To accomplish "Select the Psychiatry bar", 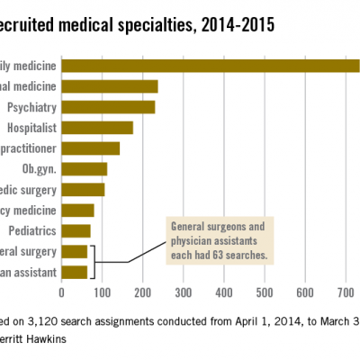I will tap(135, 106).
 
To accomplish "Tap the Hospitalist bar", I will tap(111, 127).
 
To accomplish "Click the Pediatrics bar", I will tap(76, 230).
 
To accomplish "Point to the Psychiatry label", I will tap(32, 106).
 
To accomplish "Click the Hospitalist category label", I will tap(31, 127).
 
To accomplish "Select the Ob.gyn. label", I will tap(39, 168).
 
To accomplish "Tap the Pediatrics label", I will tap(33, 230).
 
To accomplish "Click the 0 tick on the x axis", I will tap(61, 292).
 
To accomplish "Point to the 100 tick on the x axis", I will tap(102, 292).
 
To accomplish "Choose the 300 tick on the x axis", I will tap(184, 292).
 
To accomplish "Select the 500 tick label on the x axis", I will tap(265, 292).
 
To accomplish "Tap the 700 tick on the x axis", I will tap(346, 292).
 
